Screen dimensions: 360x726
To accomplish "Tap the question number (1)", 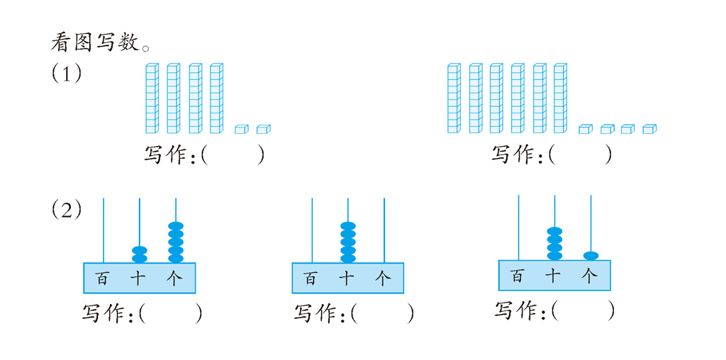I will pyautogui.click(x=67, y=73).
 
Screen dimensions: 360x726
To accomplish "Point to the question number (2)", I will pyautogui.click(x=67, y=210).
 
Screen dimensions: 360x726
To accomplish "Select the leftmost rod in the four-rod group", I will pyautogui.click(x=151, y=99).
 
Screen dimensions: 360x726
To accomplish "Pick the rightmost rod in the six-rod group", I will pyautogui.click(x=560, y=99).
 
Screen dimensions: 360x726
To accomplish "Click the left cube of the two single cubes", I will pyautogui.click(x=242, y=129).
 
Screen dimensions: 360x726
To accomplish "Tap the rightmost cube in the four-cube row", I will pyautogui.click(x=649, y=129).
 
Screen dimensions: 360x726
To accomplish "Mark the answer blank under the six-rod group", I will pyautogui.click(x=579, y=154).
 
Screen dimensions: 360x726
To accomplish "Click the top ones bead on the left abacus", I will pyautogui.click(x=176, y=226).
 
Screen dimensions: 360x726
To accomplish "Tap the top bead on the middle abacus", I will pyautogui.click(x=347, y=227).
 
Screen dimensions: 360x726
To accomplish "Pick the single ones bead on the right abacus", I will pyautogui.click(x=591, y=255).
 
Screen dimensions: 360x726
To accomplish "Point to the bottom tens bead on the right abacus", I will pyautogui.click(x=554, y=255).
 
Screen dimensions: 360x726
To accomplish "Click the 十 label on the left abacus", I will pyautogui.click(x=139, y=279).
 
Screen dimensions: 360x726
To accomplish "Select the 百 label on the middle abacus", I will pyautogui.click(x=311, y=279).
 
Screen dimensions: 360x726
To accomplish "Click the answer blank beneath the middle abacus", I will pyautogui.click(x=381, y=313).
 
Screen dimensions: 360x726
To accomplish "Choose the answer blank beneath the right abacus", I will pyautogui.click(x=582, y=310).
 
